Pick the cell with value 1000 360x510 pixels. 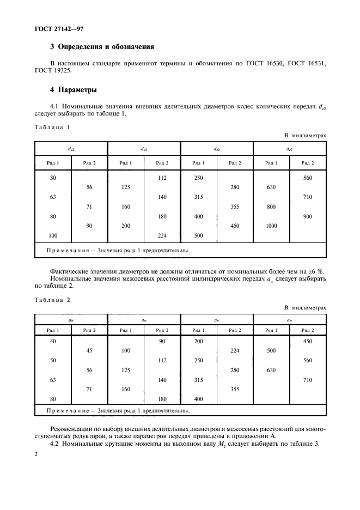[x=271, y=226]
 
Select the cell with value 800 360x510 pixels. [x=271, y=207]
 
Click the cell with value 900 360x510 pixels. [x=308, y=216]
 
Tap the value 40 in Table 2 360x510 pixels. [x=53, y=341]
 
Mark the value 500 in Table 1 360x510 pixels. [x=199, y=236]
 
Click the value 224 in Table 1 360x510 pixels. [x=162, y=236]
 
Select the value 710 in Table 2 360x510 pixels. [x=308, y=380]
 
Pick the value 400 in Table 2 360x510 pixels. [x=199, y=399]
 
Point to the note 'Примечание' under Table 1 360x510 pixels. [x=70, y=251]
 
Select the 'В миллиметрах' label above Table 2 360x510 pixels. [x=305, y=307]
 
